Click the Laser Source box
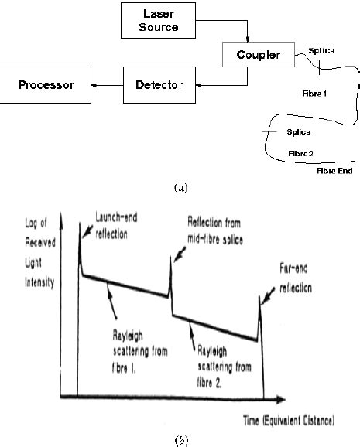pos(159,22)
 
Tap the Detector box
pos(158,84)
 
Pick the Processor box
pos(46,84)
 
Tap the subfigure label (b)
pos(180,438)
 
